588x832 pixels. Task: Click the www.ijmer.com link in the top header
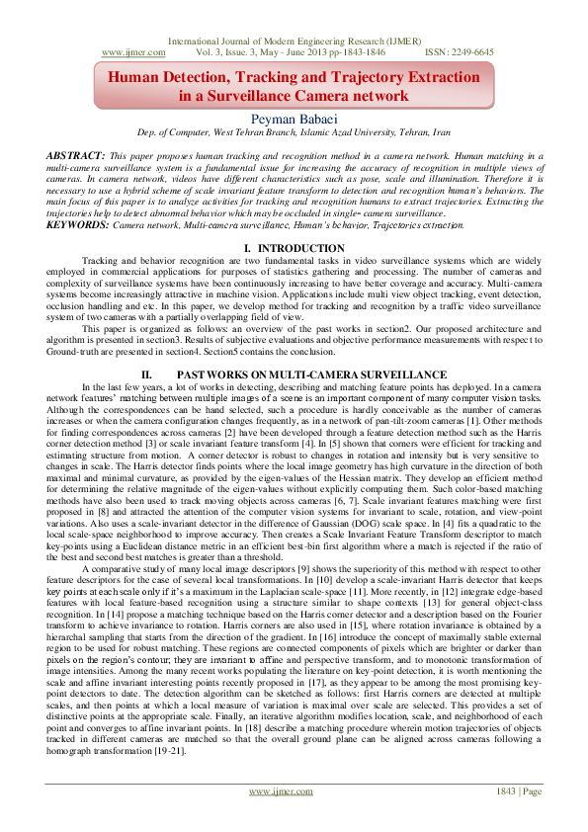tap(126, 51)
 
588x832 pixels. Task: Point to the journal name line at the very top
tap(294, 41)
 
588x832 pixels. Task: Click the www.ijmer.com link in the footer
tap(274, 819)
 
